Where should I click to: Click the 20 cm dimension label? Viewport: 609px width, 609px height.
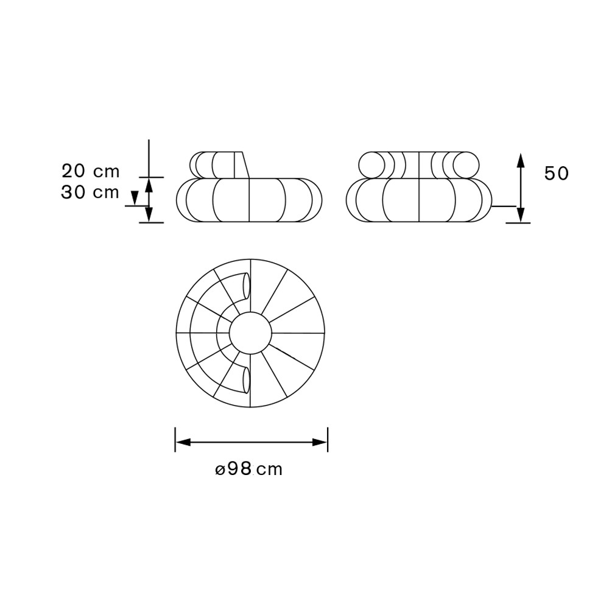pos(91,171)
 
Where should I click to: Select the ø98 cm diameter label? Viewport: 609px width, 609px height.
pos(248,469)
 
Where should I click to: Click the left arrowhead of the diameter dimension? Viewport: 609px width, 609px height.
pos(183,442)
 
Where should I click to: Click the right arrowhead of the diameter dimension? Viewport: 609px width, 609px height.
pos(320,442)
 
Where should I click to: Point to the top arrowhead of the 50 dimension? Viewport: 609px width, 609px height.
pos(521,160)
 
